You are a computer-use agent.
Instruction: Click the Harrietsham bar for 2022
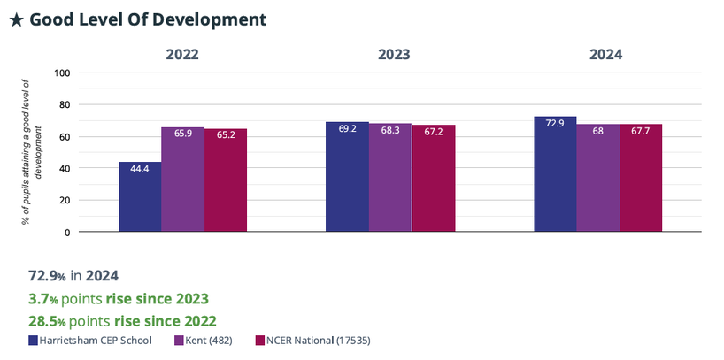tap(140, 196)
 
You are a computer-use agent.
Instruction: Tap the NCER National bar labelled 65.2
tap(226, 180)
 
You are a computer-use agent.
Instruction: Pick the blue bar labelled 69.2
tap(347, 177)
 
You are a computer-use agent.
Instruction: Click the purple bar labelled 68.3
tap(390, 178)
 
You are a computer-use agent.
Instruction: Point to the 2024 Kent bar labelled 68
tap(597, 178)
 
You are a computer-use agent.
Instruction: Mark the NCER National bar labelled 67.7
tap(641, 178)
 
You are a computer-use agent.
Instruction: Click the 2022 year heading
tap(182, 54)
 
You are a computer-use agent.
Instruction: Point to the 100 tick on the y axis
tap(62, 73)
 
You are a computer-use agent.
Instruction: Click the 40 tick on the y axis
tap(65, 168)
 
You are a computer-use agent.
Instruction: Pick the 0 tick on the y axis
tap(67, 232)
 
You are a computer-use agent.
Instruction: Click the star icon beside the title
tap(16, 19)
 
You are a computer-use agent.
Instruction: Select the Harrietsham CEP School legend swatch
tap(34, 340)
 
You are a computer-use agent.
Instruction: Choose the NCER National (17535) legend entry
tap(310, 340)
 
